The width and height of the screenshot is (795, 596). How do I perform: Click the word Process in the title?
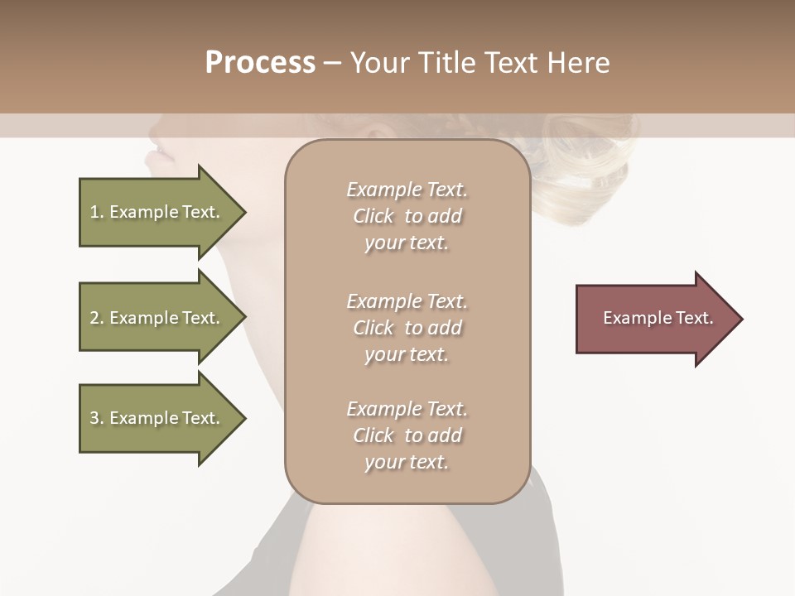(260, 63)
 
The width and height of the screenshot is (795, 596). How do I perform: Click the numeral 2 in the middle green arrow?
(94, 318)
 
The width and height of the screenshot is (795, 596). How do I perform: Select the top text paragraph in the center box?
(407, 216)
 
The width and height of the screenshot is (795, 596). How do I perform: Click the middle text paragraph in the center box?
(407, 328)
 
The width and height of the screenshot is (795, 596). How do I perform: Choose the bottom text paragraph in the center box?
(407, 435)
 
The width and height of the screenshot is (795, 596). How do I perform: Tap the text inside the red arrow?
(658, 318)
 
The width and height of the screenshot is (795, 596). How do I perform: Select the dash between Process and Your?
(332, 64)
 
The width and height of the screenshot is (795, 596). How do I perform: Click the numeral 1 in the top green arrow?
(94, 212)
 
